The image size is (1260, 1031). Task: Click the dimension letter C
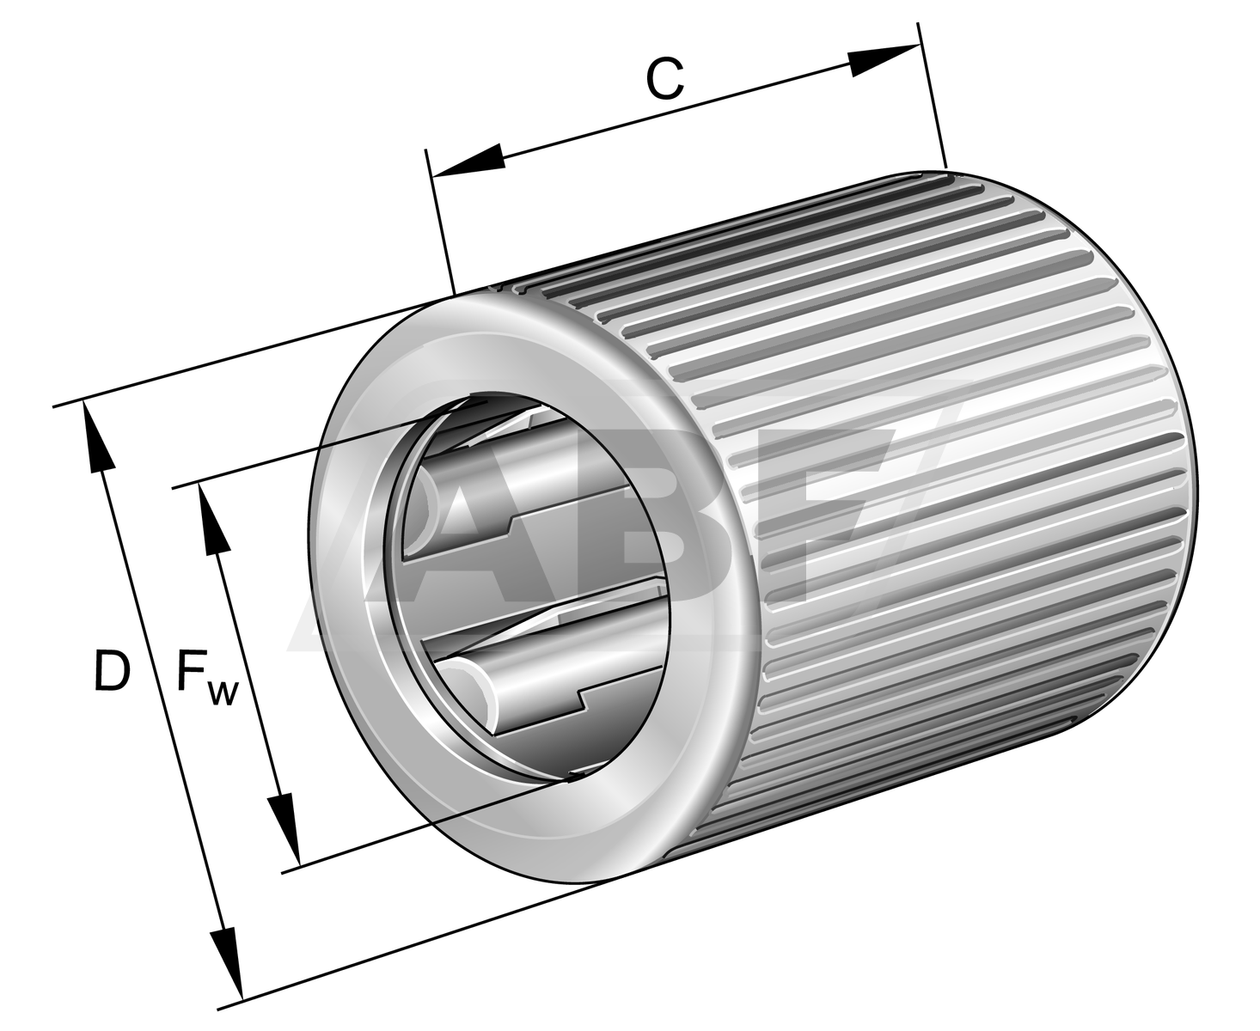(664, 79)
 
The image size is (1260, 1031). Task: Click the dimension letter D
(112, 671)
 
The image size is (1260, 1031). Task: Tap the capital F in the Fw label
(191, 671)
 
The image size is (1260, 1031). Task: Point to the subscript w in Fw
(222, 692)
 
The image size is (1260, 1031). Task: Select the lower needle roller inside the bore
(550, 679)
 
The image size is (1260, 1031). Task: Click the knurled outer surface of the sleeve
(945, 473)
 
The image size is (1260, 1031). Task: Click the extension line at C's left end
(440, 223)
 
